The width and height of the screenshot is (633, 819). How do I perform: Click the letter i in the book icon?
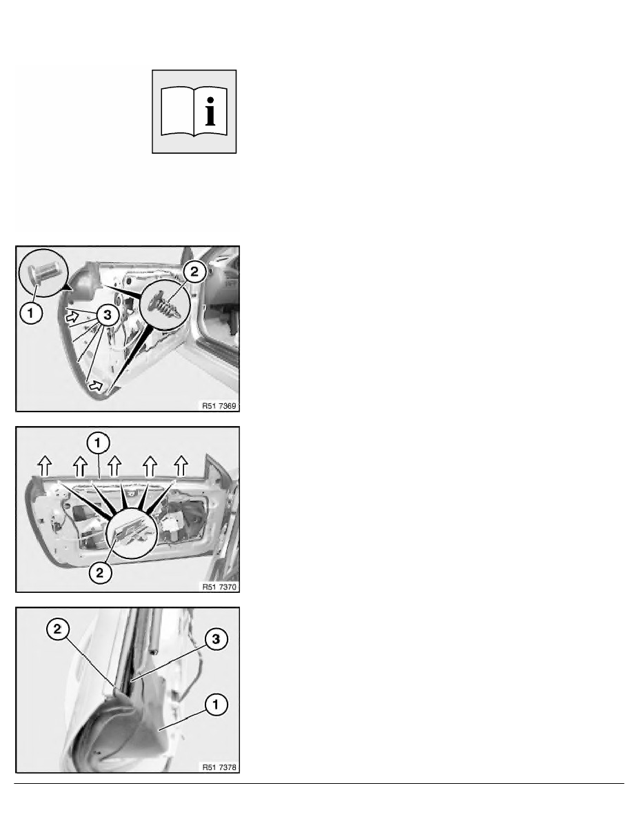click(210, 112)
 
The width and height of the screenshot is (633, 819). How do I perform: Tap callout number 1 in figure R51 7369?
click(31, 313)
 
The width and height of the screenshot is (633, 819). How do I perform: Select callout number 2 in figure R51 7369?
click(194, 272)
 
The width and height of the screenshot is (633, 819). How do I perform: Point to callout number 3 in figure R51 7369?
click(107, 315)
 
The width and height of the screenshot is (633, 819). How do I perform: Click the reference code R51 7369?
click(219, 406)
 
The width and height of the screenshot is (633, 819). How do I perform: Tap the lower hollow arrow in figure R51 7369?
click(95, 385)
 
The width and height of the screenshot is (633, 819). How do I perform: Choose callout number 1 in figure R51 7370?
click(98, 443)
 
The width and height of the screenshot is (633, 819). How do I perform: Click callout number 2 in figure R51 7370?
click(100, 572)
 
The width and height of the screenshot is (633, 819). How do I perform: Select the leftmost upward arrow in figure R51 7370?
click(46, 465)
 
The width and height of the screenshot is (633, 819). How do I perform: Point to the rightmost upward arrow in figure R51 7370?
click(181, 465)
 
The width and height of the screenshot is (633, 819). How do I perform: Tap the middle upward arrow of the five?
click(114, 465)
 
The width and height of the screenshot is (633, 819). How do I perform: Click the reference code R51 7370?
click(219, 587)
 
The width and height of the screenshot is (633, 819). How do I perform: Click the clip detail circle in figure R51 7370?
click(132, 533)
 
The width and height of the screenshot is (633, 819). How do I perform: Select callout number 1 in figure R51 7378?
click(215, 705)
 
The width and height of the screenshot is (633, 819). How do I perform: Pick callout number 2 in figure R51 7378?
click(57, 629)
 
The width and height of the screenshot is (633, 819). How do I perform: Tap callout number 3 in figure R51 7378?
click(216, 639)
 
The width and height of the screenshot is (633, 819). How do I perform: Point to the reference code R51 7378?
click(219, 767)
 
